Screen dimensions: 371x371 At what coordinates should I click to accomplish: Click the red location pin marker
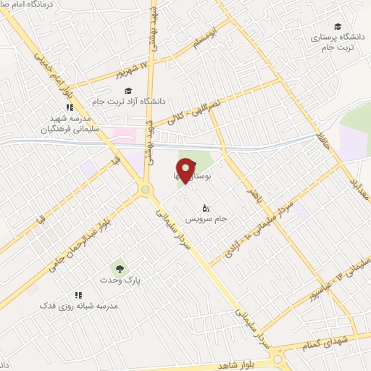coord(186,171)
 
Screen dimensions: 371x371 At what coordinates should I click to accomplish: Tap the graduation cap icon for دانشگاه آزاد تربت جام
coord(128,91)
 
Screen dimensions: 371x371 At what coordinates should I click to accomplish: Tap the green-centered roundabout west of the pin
coord(146,190)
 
